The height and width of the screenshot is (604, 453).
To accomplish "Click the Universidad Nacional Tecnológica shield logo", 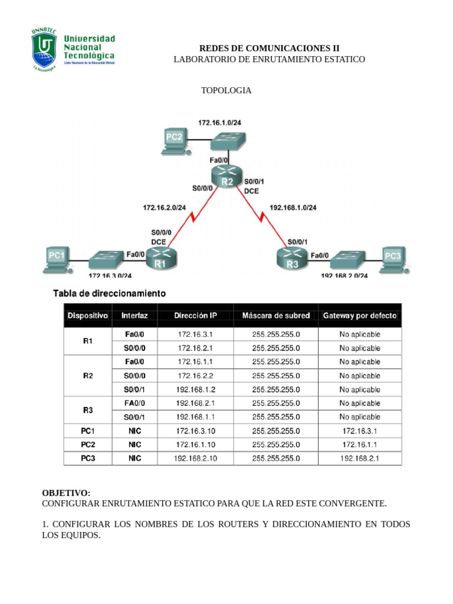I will [44, 49].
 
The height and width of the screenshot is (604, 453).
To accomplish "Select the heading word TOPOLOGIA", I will [226, 90].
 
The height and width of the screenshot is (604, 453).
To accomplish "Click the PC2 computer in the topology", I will [175, 141].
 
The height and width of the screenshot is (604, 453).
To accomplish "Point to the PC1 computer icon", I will [57, 260].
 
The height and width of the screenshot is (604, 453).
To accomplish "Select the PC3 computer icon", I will [392, 259].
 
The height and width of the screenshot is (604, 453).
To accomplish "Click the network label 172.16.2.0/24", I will [164, 208].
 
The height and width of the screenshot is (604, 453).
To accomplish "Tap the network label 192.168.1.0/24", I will [293, 208].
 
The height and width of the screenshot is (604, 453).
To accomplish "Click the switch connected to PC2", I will [228, 140].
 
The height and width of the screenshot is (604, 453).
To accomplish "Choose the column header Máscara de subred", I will [275, 316].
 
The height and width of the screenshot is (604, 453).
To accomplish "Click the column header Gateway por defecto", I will [360, 316].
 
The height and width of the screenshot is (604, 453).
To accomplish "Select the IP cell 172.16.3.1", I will [195, 334].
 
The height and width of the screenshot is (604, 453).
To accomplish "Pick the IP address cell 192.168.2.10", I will [195, 458].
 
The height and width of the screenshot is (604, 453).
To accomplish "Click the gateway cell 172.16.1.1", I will [360, 445].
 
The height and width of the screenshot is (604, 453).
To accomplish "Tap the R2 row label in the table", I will [88, 376].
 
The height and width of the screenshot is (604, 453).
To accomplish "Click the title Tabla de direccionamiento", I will [110, 293].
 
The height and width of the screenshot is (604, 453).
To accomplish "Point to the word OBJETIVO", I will [66, 493].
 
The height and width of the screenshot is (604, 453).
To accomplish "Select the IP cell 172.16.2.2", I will [195, 376].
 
